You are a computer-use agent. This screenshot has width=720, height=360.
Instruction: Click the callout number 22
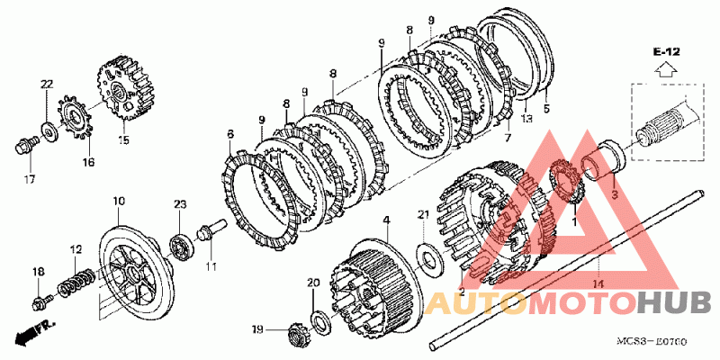(x=46, y=85)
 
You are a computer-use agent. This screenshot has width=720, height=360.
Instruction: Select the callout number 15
(x=123, y=139)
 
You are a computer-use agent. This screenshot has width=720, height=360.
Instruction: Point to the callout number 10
(x=119, y=199)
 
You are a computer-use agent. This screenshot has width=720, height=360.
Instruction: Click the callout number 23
(x=179, y=204)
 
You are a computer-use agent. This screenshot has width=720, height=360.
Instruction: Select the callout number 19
(x=257, y=330)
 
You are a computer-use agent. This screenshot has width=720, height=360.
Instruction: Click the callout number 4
(x=385, y=220)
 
